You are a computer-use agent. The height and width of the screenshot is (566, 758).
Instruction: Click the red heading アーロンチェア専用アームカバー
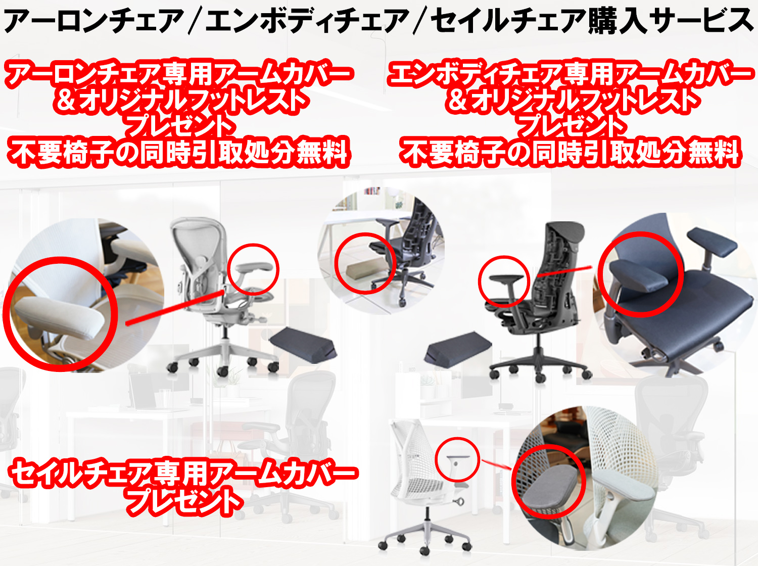point(179,74)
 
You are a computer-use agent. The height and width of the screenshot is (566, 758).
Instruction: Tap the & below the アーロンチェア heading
point(66,101)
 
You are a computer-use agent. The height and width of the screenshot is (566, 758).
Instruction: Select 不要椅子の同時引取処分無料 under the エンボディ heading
point(571,153)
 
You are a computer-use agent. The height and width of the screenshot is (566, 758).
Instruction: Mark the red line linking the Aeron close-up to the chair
point(175,307)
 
